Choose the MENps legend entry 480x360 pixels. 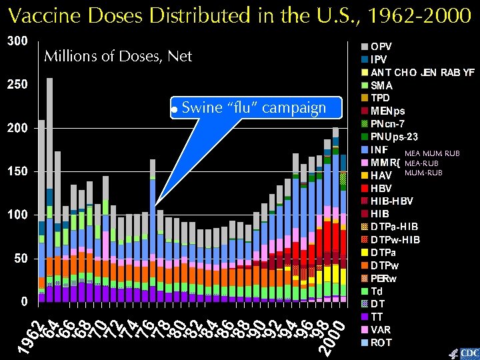[x=387, y=111]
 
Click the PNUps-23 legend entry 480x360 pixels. [x=393, y=137]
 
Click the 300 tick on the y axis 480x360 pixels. [x=17, y=41]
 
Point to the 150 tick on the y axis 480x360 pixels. [x=17, y=171]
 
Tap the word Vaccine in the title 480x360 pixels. [x=46, y=15]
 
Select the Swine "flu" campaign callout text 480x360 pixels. [x=253, y=108]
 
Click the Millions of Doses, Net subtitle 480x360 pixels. [x=117, y=57]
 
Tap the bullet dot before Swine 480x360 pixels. [x=173, y=109]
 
